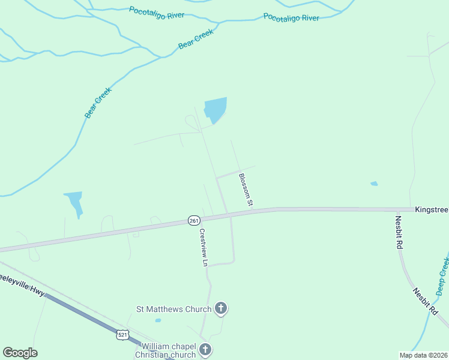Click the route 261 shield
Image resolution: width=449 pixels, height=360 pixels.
coord(193,221)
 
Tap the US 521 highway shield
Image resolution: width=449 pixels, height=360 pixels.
coord(122,335)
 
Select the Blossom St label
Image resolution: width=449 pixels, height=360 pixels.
coord(246,190)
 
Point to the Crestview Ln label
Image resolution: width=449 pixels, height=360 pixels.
coord(203,247)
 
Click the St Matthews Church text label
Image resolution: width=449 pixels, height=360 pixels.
coord(173,310)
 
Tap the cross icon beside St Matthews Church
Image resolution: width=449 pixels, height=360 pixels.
coord(221,309)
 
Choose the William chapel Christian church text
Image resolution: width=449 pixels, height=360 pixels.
coord(169,350)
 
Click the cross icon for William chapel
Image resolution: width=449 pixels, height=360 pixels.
coord(205,350)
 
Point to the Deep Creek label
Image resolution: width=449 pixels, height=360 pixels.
coord(442,273)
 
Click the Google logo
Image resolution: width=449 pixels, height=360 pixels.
coord(20,353)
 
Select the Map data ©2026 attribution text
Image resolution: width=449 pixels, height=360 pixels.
coord(423,355)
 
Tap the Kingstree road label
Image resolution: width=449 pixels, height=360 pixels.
coord(432,210)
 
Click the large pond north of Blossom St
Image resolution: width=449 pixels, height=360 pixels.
coord(215,110)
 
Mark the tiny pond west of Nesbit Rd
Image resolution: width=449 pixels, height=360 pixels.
coord(374,184)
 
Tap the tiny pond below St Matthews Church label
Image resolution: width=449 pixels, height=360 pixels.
coord(157,320)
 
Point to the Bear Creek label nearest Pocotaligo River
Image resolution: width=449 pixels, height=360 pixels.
coord(196,40)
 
